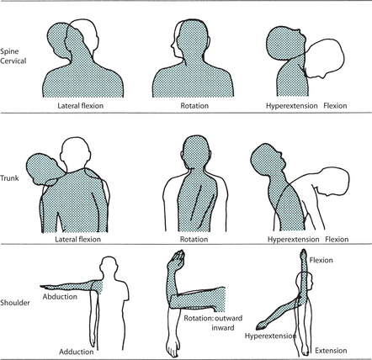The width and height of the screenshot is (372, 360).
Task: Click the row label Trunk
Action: pos(9,177)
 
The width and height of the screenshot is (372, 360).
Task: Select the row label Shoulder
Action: pos(15,303)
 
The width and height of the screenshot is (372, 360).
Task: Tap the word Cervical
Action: pos(13,61)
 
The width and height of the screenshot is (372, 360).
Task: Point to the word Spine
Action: pos(9,51)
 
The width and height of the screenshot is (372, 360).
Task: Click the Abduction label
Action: pos(60,297)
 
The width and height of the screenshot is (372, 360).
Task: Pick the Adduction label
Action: pos(77,352)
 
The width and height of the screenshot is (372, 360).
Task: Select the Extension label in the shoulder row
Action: pos(331,351)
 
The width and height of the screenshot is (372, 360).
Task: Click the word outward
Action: pos(229,318)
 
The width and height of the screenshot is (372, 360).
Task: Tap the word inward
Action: pos(223,327)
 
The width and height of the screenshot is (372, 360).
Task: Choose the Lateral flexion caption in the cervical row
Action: pos(81,106)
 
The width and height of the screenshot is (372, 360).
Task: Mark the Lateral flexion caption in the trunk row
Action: pos(77,239)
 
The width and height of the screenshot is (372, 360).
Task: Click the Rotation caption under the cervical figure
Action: pos(194,106)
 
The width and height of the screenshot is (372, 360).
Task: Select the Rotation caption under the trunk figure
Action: pos(194,239)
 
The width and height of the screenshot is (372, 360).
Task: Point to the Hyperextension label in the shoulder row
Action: pos(270,336)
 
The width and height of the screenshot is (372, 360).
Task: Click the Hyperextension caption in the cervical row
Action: pos(292,106)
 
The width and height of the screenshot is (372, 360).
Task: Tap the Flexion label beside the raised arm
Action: pos(322,260)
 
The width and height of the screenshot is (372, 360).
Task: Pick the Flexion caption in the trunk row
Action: pos(337,239)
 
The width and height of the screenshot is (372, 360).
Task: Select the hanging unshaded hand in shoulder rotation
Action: pos(173,347)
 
